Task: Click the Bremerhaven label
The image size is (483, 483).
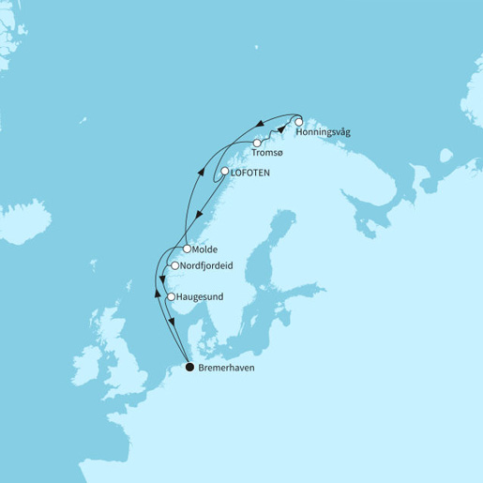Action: [227, 368]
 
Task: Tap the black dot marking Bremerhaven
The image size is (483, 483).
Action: [190, 368]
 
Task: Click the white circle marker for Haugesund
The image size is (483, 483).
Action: [170, 297]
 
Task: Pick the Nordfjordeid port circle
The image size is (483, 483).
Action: [174, 266]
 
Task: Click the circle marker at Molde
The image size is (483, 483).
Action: [188, 249]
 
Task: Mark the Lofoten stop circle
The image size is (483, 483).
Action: [225, 172]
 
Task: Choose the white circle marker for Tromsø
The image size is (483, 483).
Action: [257, 143]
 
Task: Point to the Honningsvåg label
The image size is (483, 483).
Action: [323, 133]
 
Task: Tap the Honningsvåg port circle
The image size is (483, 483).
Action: [298, 122]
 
